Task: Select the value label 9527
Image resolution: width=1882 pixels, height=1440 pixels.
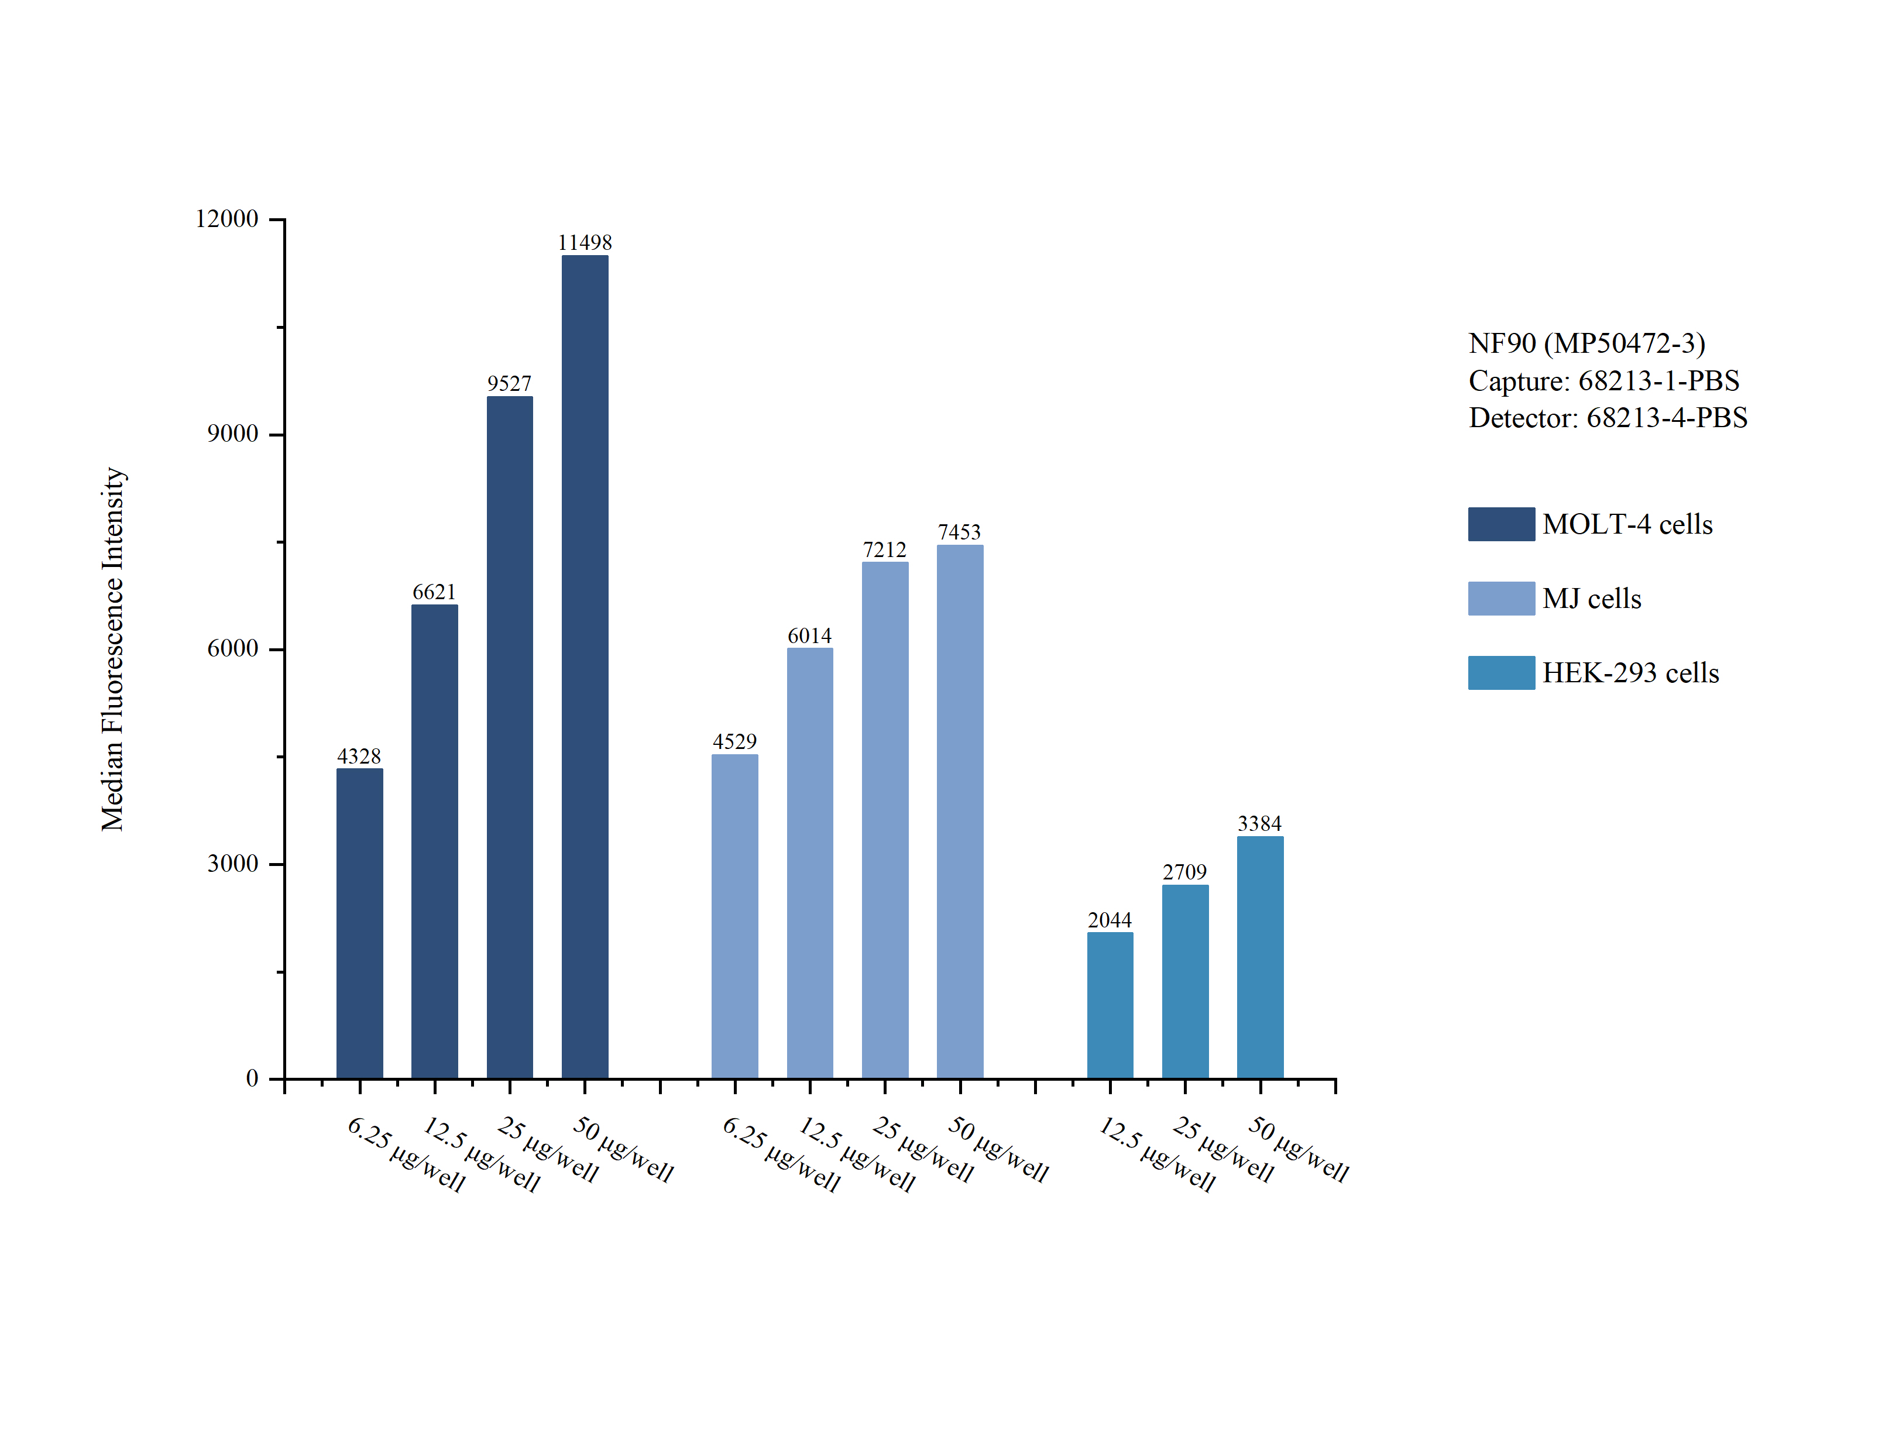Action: click(x=509, y=383)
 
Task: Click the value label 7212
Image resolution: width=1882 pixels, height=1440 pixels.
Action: click(x=884, y=549)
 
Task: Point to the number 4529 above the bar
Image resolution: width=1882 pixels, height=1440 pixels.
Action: click(x=734, y=741)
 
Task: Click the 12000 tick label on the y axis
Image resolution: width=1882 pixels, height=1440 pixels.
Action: click(x=226, y=219)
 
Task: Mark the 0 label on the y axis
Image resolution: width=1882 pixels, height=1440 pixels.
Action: click(x=252, y=1078)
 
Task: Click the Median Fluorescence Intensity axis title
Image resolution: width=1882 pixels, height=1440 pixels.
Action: click(x=113, y=649)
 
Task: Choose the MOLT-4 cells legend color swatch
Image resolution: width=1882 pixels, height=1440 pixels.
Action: click(x=1500, y=524)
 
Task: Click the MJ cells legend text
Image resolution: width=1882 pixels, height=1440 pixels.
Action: click(x=1592, y=598)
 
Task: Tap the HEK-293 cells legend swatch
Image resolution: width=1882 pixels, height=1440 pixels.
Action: click(x=1500, y=673)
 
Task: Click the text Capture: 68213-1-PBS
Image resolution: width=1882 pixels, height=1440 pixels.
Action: click(x=1603, y=380)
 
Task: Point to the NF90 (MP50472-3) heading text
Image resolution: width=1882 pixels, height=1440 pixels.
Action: click(x=1586, y=343)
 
